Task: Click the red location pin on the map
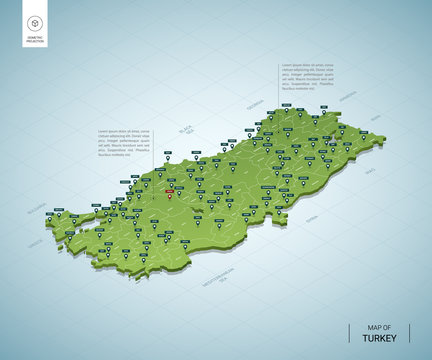click(x=169, y=192)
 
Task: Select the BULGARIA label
click(x=38, y=212)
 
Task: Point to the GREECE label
click(x=36, y=241)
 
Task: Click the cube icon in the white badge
click(x=36, y=23)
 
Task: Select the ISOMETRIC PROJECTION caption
click(x=36, y=41)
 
